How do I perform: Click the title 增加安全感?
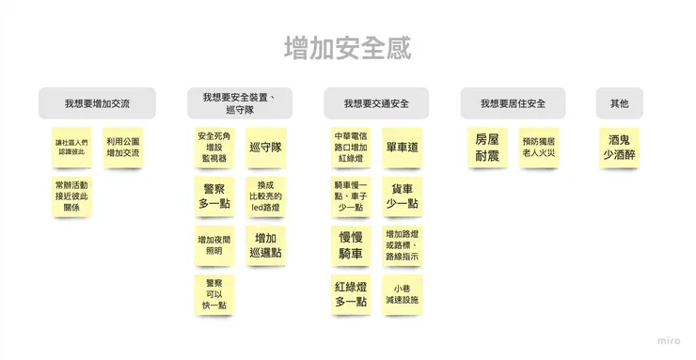coord(347,48)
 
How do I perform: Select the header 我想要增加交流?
coord(97,103)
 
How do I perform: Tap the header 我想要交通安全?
coord(375,103)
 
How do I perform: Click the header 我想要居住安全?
coord(513,103)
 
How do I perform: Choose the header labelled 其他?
coord(619,103)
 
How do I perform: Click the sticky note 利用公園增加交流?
coord(122,148)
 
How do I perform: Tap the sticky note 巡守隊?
coord(265,148)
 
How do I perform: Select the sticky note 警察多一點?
coord(214,196)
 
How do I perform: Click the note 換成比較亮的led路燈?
coord(265,196)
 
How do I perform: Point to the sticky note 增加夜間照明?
coord(214,245)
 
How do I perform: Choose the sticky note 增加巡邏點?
coord(265,245)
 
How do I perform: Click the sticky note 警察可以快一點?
coord(214,294)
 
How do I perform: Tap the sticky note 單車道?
coord(402,148)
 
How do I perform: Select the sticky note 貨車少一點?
coord(402,196)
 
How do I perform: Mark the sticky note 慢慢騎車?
coord(351,245)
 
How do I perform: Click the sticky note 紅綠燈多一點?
coord(351,294)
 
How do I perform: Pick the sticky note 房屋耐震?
coord(487,148)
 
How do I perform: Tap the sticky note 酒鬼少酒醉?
coord(619,148)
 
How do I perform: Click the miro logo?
coord(669,340)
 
